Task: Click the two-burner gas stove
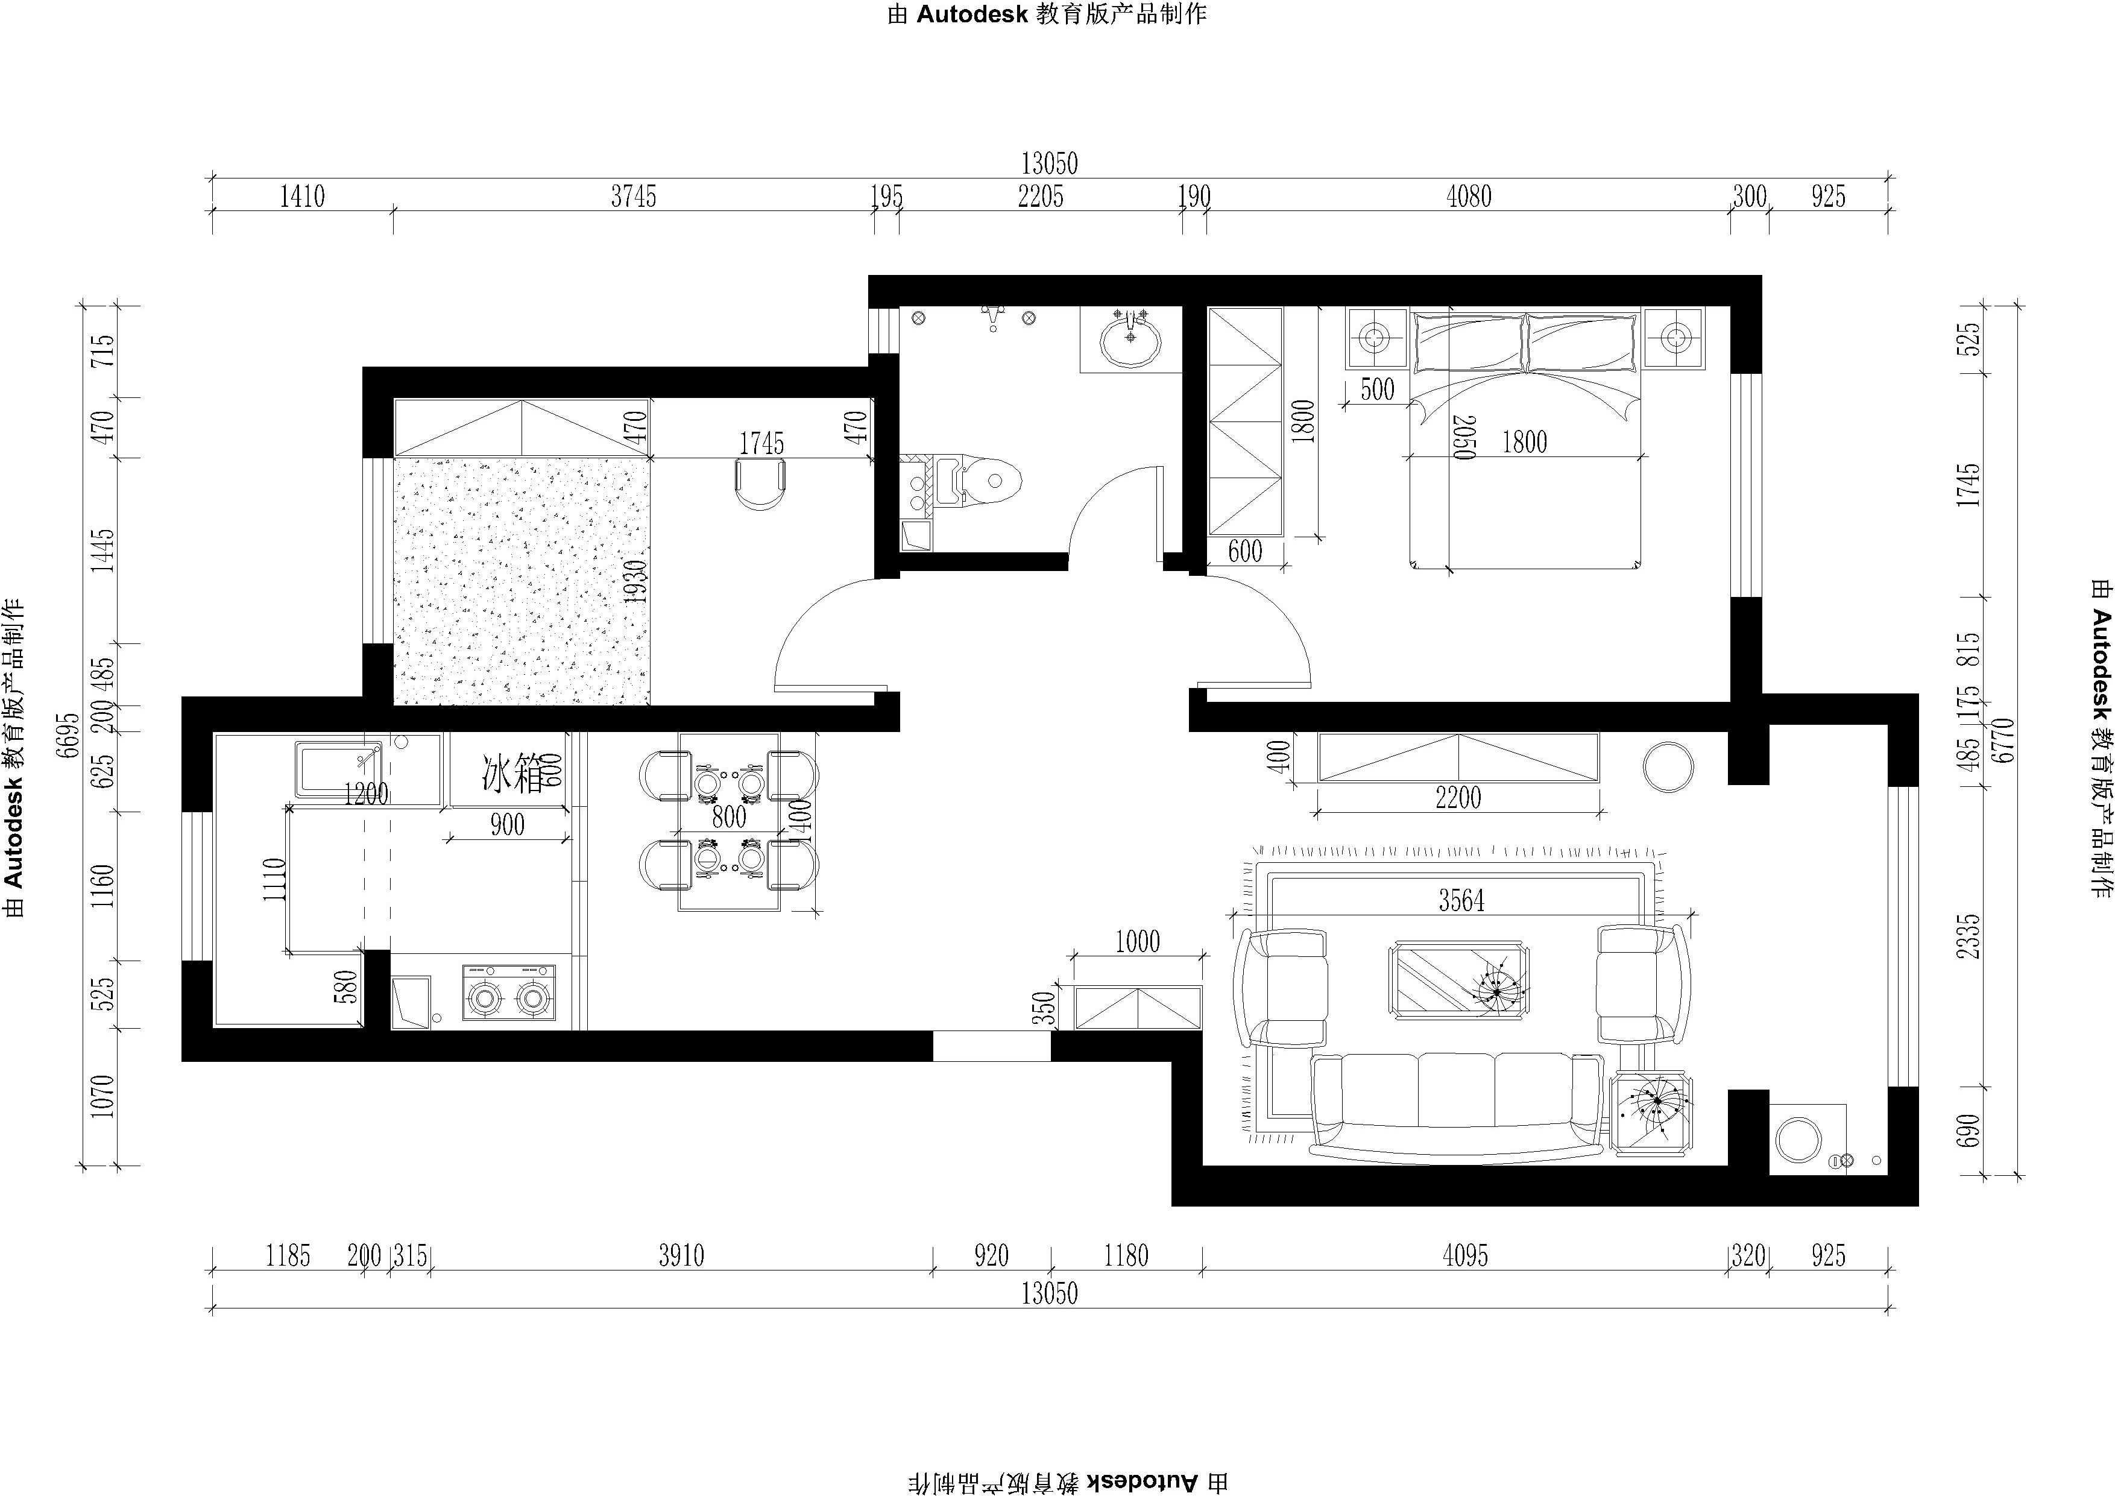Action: pyautogui.click(x=508, y=992)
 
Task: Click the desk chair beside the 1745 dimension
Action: pyautogui.click(x=761, y=484)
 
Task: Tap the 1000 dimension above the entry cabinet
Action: pyautogui.click(x=1138, y=941)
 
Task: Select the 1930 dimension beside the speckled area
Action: pyautogui.click(x=635, y=582)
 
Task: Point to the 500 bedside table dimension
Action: pyautogui.click(x=1377, y=390)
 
